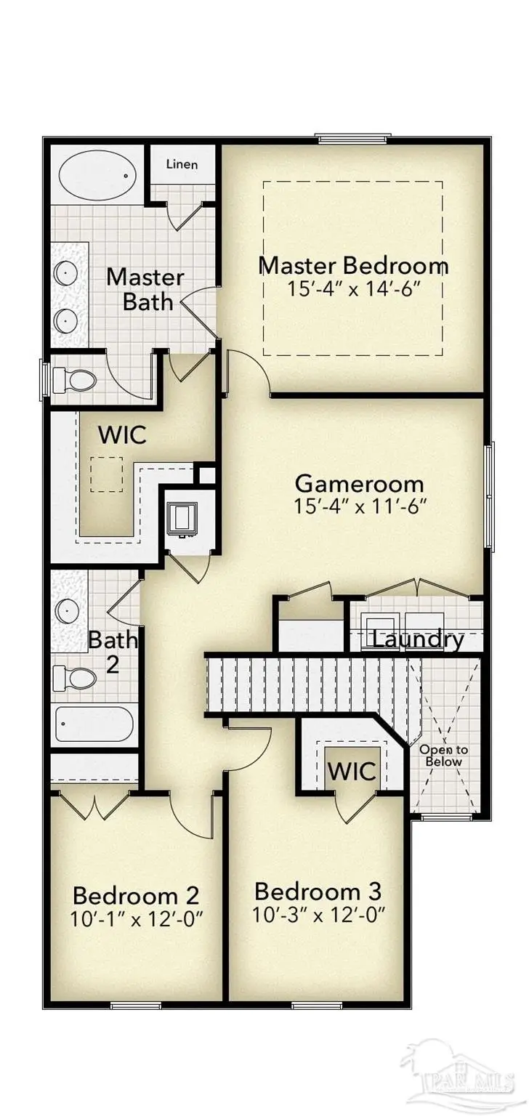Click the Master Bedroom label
[353, 265]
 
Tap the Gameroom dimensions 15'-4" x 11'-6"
[360, 506]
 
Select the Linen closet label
[182, 164]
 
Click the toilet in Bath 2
[75, 679]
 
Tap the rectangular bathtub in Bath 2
[94, 724]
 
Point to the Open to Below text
[444, 756]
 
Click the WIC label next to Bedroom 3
[352, 771]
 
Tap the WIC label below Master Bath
[122, 435]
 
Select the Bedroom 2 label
[136, 894]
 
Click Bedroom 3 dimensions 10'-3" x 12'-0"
[318, 913]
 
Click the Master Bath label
[145, 289]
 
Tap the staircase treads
[305, 683]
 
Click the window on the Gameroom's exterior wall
[490, 497]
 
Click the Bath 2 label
[113, 652]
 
